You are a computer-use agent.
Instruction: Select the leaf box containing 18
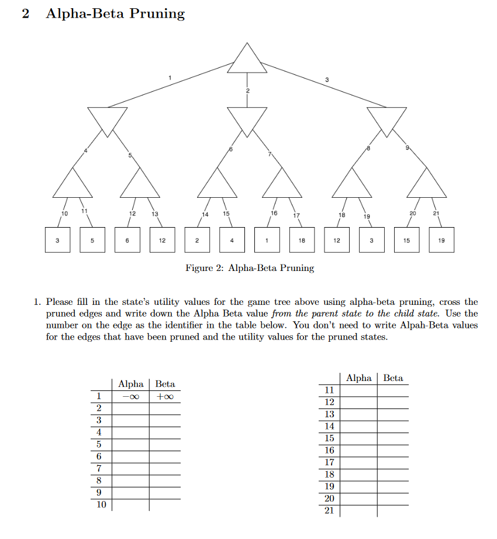coord(302,240)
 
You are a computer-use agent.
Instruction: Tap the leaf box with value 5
coord(92,240)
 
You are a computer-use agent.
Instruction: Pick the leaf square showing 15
coord(406,240)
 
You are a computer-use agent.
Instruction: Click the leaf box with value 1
coord(267,240)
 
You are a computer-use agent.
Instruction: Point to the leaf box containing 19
coord(441,240)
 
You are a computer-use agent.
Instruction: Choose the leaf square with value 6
coord(127,240)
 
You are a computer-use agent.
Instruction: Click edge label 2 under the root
coord(247,91)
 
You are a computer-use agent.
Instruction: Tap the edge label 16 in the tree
coord(274,213)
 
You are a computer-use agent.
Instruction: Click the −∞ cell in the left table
coord(131,396)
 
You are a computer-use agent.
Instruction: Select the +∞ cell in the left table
coord(165,396)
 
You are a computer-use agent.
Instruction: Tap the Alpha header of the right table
coord(359,378)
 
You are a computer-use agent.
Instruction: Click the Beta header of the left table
coord(165,384)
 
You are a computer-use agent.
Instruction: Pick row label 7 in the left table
coord(99,468)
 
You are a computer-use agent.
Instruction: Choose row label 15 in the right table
coord(329,438)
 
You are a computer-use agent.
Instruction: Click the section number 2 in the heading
coord(25,14)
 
